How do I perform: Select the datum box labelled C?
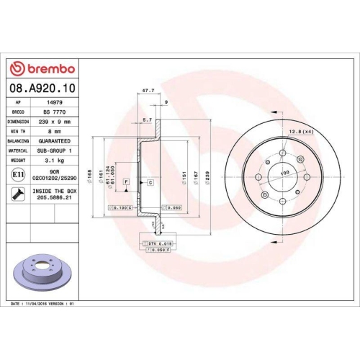click(150, 183)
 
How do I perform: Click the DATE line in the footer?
click(43, 305)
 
